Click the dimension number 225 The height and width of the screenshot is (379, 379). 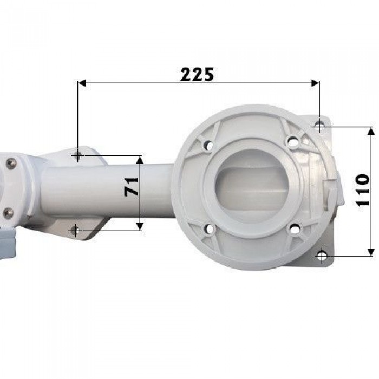click(197, 75)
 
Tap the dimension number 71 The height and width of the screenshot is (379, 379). click(132, 186)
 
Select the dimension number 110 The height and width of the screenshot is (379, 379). click(363, 190)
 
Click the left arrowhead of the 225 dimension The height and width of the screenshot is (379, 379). click(82, 83)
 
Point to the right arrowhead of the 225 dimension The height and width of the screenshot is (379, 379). click(315, 83)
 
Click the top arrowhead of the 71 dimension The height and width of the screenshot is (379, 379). click(140, 160)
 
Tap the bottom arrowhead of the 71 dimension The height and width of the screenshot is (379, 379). click(140, 226)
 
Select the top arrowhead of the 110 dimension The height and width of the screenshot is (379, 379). click(371, 131)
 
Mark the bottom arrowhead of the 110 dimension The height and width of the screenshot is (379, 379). click(371, 252)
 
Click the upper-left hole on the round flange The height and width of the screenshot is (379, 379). click(210, 145)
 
